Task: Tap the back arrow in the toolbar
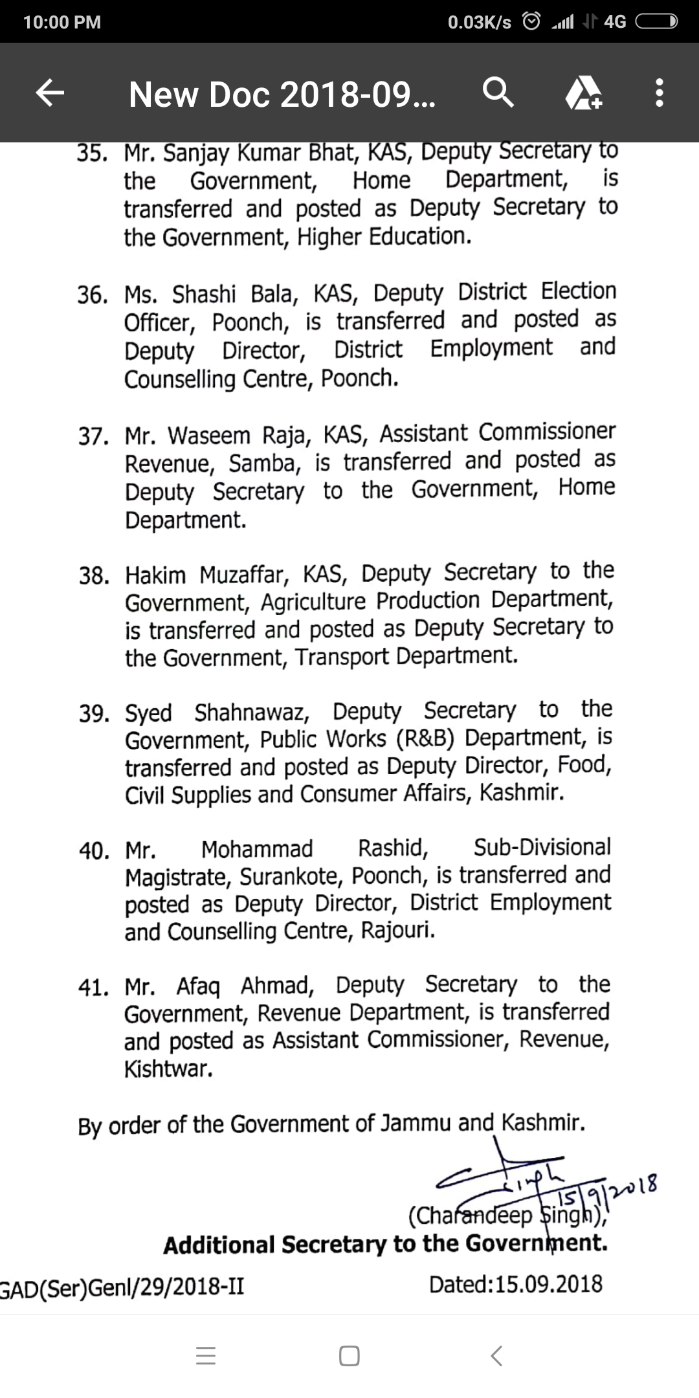(50, 93)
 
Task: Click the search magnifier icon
(498, 93)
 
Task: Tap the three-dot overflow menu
(659, 93)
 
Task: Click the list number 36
(92, 296)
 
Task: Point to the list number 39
(93, 714)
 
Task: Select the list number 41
(93, 988)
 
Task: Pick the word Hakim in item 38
(155, 575)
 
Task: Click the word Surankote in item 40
(292, 877)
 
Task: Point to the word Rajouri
(397, 931)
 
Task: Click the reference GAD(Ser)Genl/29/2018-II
(122, 1287)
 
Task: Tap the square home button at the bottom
(349, 1355)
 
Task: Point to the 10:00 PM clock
(62, 22)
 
